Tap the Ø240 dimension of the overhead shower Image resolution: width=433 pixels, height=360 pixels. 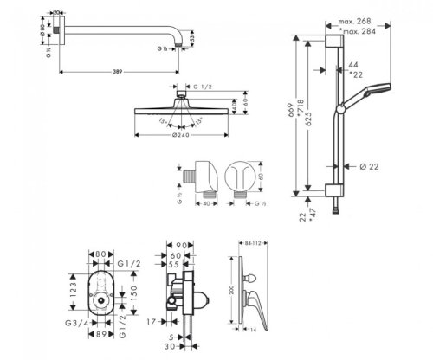[181, 135]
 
